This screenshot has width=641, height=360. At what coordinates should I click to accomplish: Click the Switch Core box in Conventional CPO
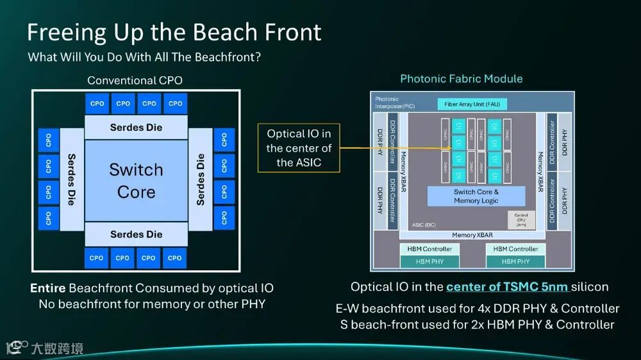136,181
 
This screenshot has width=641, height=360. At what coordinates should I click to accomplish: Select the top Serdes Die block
136,127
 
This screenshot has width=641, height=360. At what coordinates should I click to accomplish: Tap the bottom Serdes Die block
136,234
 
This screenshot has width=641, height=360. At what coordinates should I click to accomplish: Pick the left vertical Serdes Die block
72,179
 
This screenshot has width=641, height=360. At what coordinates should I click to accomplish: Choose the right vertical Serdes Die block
201,179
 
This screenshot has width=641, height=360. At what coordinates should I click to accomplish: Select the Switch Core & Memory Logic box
476,196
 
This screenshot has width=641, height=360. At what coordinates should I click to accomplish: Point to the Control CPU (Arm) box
520,219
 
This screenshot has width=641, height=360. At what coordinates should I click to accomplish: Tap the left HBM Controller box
429,249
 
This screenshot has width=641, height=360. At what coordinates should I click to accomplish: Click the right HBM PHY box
515,261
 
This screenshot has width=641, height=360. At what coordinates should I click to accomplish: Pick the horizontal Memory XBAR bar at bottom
472,235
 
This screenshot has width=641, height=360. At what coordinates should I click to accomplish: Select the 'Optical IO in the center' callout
299,148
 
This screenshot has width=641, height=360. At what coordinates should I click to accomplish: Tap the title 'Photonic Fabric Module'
461,79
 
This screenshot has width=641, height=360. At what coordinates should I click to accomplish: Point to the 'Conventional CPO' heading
135,80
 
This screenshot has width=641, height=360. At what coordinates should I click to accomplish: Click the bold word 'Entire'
47,288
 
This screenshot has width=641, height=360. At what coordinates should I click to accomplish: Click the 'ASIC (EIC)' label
425,225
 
